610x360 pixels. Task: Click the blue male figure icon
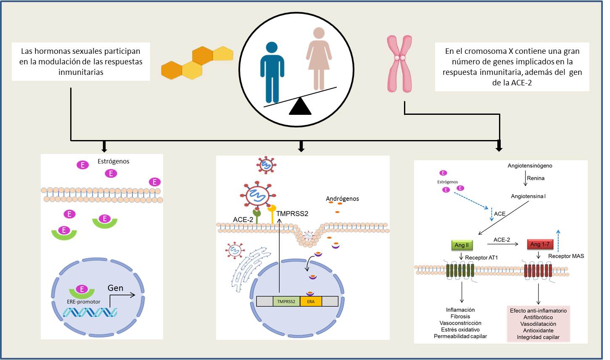(272, 71)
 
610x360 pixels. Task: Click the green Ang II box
(461, 245)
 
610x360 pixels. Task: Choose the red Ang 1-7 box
(540, 244)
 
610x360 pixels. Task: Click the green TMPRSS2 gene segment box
(286, 302)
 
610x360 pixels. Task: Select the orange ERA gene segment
(311, 302)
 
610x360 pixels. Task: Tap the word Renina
(536, 178)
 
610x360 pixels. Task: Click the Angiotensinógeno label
(530, 166)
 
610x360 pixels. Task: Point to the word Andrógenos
(343, 199)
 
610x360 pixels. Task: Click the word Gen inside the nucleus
(116, 288)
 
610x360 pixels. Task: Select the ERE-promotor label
(84, 302)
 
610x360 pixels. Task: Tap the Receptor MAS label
(566, 256)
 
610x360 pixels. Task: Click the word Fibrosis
(460, 317)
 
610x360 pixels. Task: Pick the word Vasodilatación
(538, 324)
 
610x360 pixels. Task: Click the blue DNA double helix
(90, 312)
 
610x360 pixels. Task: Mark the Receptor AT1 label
(481, 257)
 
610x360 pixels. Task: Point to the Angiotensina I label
(528, 196)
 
